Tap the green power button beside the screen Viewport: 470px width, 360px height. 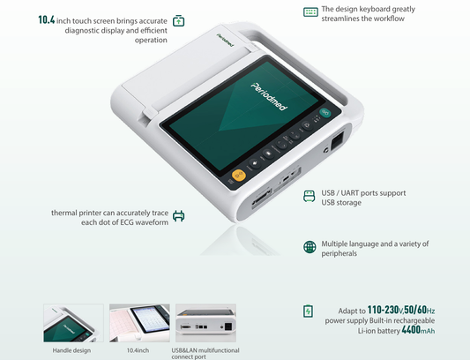(327, 112)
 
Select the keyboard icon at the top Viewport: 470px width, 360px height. (310, 12)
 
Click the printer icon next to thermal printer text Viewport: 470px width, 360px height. (178, 216)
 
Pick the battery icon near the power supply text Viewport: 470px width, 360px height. (309, 311)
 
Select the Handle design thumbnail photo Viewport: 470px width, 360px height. (73, 323)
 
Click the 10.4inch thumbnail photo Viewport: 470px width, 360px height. (139, 323)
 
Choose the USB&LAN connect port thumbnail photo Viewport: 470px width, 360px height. (205, 323)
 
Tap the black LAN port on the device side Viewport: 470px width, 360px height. (336, 140)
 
